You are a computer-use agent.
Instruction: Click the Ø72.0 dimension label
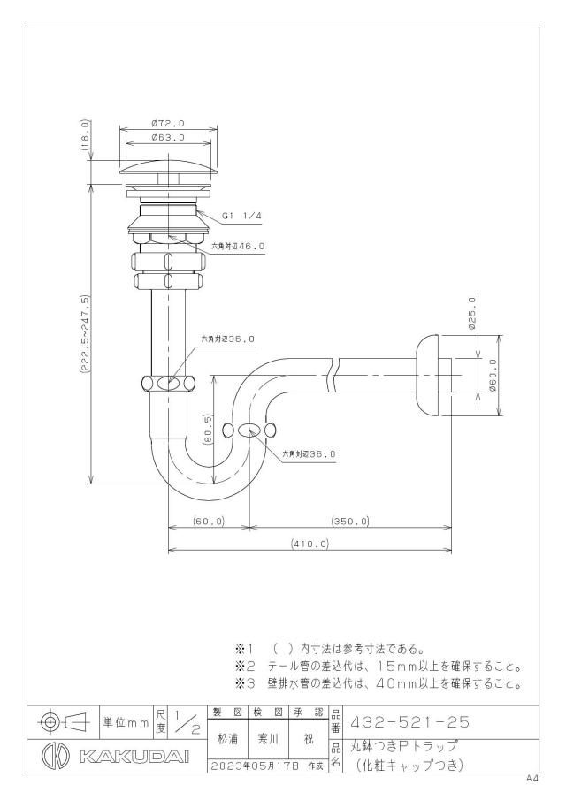click(168, 124)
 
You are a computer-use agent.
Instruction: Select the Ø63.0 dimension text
click(168, 137)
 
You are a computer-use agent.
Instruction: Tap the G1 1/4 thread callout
click(242, 217)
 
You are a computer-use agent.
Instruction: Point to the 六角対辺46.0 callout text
click(239, 246)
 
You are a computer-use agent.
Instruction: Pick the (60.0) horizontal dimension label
click(209, 522)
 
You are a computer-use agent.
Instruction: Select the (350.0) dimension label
click(350, 522)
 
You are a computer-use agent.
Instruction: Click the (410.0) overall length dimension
click(310, 544)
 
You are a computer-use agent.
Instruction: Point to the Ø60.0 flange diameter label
click(493, 375)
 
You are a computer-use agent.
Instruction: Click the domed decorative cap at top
click(168, 168)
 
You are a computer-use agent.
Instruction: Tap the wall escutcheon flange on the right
click(428, 375)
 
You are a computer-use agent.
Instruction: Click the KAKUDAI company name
click(134, 757)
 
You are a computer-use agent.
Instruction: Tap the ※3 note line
click(378, 683)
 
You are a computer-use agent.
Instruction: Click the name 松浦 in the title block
click(228, 739)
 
